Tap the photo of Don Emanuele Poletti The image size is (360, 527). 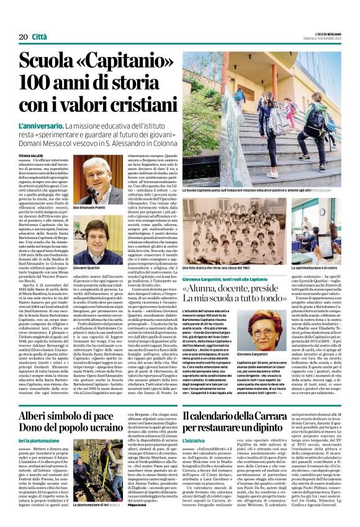tap(97, 180)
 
